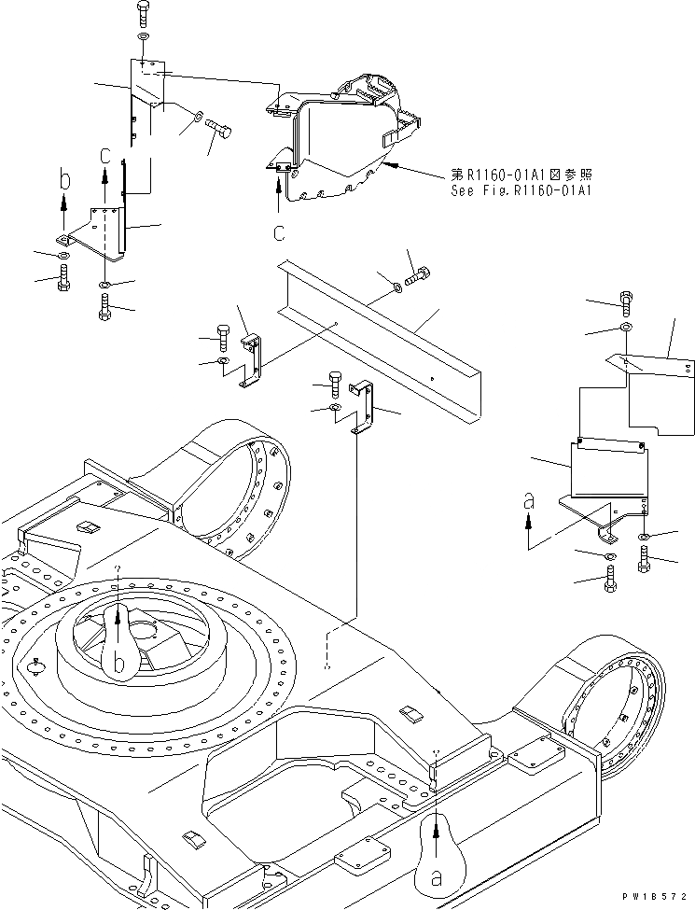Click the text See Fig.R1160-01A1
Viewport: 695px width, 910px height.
coord(521,191)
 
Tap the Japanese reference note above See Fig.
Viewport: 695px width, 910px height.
coord(521,175)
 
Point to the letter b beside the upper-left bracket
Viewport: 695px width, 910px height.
coord(64,177)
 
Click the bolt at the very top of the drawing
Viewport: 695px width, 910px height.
coord(141,13)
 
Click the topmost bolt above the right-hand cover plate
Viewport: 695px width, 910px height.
coord(625,301)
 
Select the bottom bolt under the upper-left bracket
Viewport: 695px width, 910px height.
coord(104,306)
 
